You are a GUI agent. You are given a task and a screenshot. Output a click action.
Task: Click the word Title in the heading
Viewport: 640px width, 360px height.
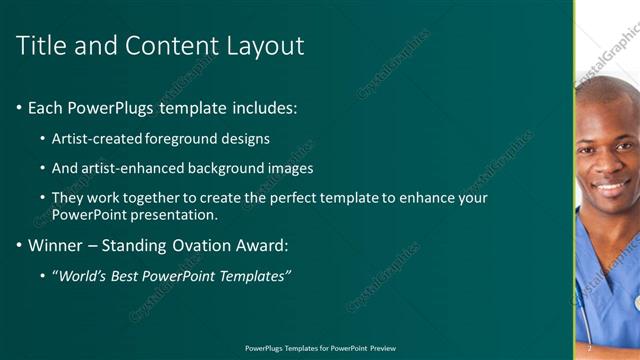tap(39, 45)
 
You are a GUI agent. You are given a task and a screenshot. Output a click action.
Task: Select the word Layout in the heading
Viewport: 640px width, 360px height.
tap(267, 45)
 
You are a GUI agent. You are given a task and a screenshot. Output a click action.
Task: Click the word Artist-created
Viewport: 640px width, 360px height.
tap(96, 139)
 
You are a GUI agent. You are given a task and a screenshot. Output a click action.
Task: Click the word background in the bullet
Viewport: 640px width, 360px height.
tap(230, 168)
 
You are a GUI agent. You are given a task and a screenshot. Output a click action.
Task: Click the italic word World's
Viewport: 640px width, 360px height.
tap(82, 275)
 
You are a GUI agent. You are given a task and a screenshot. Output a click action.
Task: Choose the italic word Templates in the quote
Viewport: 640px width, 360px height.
tap(251, 275)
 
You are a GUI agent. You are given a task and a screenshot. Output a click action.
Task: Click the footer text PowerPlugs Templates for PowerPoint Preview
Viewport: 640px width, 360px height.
tap(320, 348)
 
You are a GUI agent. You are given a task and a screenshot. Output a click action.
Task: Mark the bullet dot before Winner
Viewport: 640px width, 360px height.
tap(20, 245)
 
